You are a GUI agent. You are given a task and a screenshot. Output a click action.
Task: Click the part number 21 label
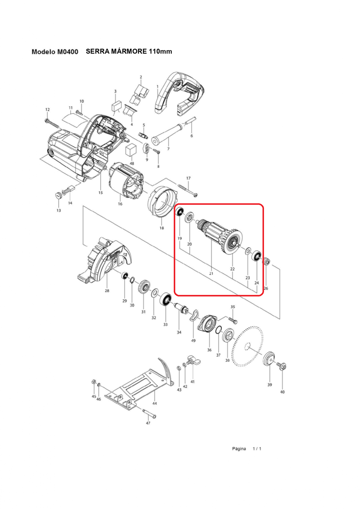click(x=211, y=274)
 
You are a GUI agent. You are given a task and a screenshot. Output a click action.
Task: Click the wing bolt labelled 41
click(x=193, y=360)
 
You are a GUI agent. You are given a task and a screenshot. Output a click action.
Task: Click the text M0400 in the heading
click(x=68, y=52)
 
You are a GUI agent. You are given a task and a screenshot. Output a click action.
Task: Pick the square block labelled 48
click(x=131, y=150)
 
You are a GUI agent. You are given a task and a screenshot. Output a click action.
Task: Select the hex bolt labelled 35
click(x=233, y=320)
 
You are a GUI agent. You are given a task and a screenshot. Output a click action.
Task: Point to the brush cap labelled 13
click(x=59, y=195)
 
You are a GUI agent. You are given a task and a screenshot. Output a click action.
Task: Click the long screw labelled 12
click(x=52, y=123)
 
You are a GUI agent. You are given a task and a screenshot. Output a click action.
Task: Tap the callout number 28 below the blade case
click(x=107, y=290)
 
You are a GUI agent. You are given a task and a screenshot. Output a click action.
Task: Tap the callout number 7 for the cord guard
click(x=168, y=149)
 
